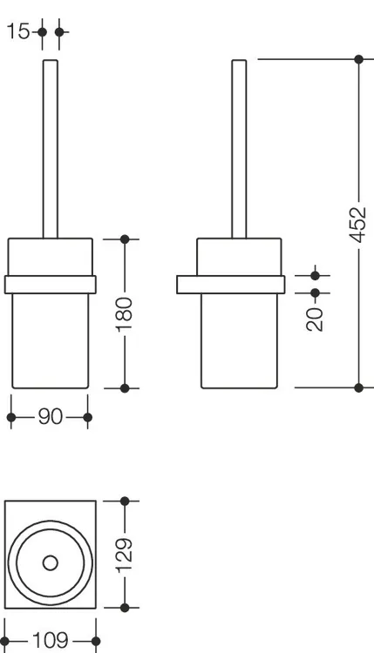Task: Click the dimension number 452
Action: (x=358, y=225)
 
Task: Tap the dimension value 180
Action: (x=125, y=314)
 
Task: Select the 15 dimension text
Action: (x=19, y=31)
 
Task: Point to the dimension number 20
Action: (x=315, y=319)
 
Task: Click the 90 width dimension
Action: (x=50, y=417)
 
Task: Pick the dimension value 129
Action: (x=125, y=555)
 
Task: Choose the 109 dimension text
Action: (x=50, y=641)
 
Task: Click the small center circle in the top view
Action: (x=51, y=563)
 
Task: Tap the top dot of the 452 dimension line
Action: (x=358, y=59)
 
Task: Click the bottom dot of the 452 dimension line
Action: (x=358, y=387)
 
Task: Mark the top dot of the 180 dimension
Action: (x=125, y=239)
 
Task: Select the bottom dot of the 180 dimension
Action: (x=125, y=388)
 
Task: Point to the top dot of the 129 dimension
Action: (x=125, y=501)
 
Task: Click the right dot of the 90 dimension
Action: (x=87, y=417)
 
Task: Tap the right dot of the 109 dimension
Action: (x=96, y=641)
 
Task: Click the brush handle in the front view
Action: (x=51, y=149)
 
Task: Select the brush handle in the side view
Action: (x=240, y=149)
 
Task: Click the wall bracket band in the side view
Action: (x=230, y=285)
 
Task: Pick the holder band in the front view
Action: (x=51, y=285)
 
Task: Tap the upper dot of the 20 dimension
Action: (x=315, y=275)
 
